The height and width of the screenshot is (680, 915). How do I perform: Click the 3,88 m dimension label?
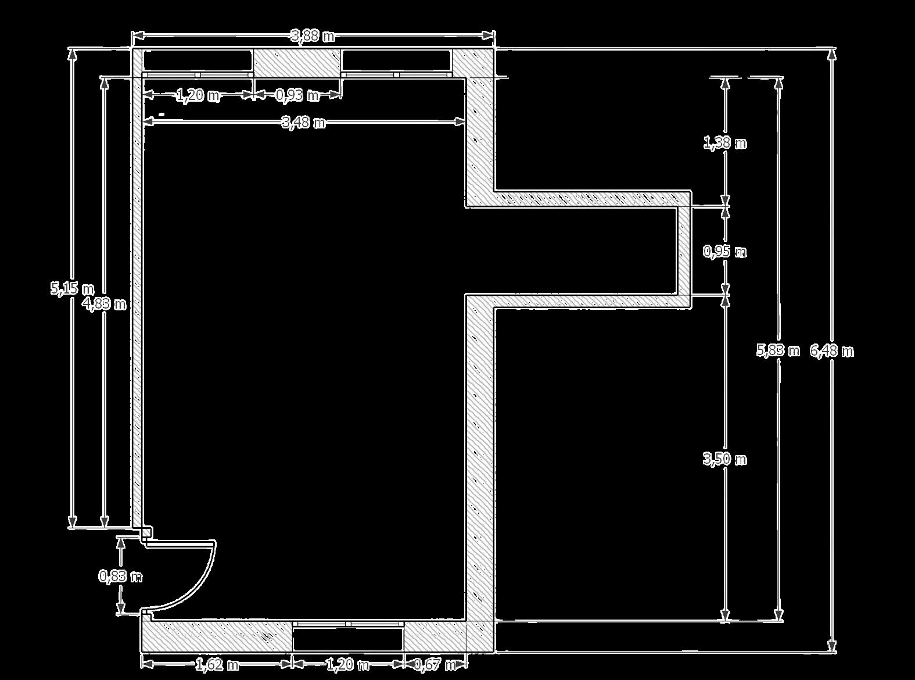tap(313, 36)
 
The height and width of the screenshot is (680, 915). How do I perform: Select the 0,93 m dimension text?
tap(297, 95)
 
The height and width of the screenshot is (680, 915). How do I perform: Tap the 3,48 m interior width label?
tap(303, 123)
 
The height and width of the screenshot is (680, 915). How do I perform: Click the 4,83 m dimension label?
tap(104, 303)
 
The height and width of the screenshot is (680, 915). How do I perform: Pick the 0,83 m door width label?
tap(120, 577)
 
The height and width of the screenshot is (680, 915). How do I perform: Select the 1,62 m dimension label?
tap(216, 664)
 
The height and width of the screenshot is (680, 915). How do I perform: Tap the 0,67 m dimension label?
tap(435, 664)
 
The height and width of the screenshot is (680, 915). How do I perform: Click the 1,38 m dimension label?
tap(725, 142)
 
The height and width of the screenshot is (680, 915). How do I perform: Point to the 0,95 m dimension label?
tap(724, 252)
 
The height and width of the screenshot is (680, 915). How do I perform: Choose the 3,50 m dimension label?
tap(724, 459)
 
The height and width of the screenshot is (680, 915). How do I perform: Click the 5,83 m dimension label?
tap(778, 350)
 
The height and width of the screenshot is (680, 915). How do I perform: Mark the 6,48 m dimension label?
tap(831, 351)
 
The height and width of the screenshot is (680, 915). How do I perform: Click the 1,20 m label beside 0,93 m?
tap(198, 95)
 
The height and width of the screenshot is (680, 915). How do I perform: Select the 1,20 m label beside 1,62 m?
tap(347, 664)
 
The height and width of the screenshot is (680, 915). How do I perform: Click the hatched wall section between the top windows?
tap(297, 62)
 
